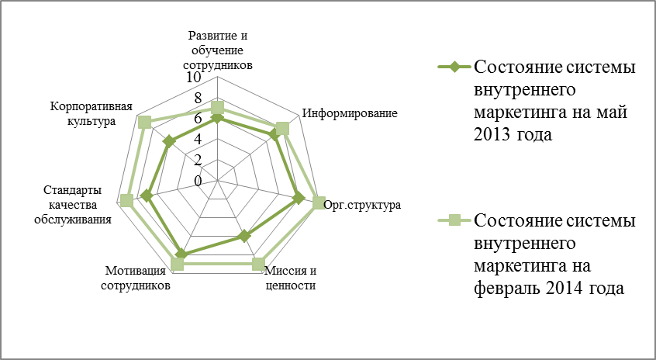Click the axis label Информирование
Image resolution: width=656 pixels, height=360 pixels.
350,113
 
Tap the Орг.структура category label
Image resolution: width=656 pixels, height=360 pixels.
363,206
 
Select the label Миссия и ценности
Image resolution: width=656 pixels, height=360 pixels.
292,279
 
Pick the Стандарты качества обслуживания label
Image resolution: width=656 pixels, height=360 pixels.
73,205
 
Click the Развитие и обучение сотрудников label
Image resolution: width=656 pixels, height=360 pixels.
218,50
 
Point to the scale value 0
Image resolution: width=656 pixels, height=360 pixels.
198,182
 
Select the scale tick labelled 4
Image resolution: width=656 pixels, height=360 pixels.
198,140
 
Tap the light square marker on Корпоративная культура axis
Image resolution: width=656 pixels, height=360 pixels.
144,123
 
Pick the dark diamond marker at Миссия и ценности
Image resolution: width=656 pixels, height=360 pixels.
244,237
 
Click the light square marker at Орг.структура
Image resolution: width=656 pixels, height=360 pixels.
319,203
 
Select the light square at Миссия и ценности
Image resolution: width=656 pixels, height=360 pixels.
258,264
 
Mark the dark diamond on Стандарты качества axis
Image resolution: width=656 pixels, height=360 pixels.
147,196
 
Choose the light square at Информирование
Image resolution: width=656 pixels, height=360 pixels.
282,129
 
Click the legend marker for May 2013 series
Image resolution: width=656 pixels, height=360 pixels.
454,67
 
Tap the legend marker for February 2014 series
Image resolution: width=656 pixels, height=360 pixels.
454,220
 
